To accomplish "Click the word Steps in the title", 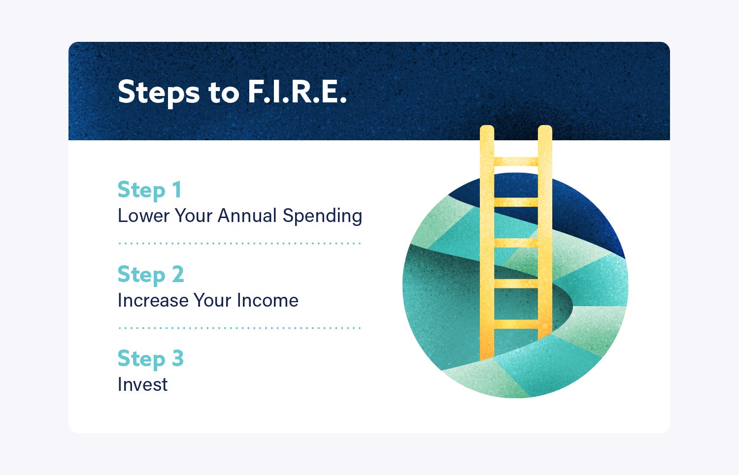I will [158, 92].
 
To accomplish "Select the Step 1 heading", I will [149, 190].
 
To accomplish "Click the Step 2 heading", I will [150, 274].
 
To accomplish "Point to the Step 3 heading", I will [150, 358].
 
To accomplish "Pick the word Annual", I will [247, 216].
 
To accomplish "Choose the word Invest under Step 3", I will [142, 384].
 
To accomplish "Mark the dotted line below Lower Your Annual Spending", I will [240, 243].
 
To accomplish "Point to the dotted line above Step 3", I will [240, 327].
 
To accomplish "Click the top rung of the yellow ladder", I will [516, 161].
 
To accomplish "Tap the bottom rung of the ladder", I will [516, 324].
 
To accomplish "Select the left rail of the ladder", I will [487, 246].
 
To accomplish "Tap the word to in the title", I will [223, 92].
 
